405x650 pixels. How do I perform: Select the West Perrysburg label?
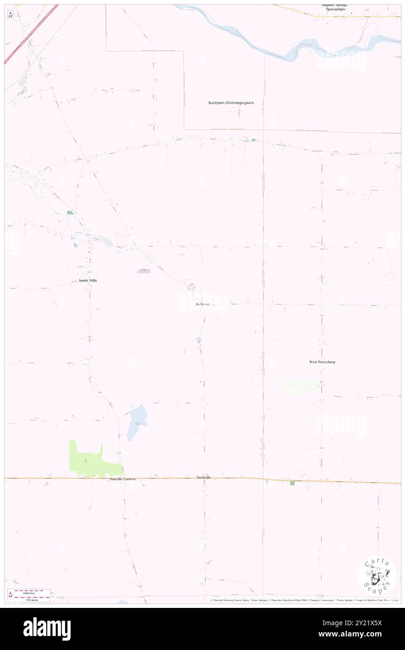tap(322, 362)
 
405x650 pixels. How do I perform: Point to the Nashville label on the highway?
tap(204, 477)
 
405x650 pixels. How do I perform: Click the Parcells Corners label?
tap(123, 479)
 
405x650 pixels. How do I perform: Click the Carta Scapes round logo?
tap(377, 575)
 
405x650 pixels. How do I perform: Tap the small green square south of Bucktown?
tap(253, 140)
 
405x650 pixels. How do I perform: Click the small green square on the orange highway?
tap(292, 483)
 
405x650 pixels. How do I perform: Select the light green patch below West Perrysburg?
tap(299, 386)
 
